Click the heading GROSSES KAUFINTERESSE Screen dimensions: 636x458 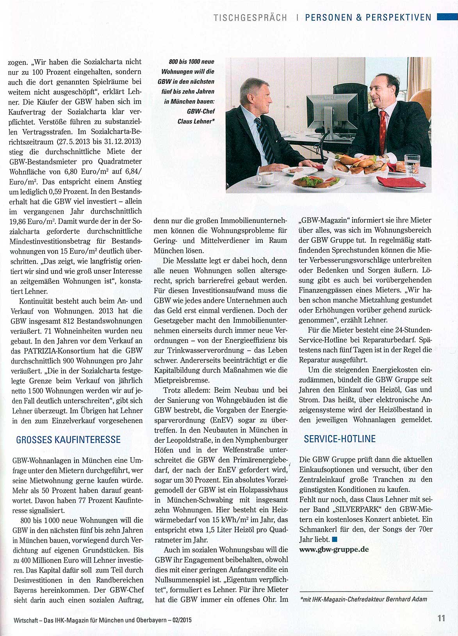68,440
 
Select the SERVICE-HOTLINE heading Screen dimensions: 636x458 340,439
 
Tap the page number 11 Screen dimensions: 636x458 441,618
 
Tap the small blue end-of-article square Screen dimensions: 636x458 334,540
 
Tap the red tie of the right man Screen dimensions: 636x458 383,133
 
